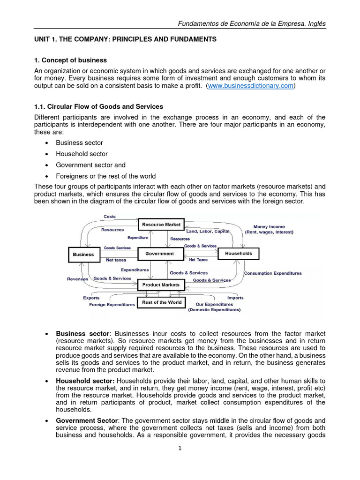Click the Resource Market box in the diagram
click(x=161, y=225)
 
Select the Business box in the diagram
click(x=83, y=255)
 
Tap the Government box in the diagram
click(x=159, y=254)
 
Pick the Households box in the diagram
click(x=239, y=253)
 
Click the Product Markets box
click(x=160, y=285)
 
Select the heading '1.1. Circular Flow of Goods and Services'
click(x=99, y=107)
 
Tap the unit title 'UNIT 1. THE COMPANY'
click(x=126, y=39)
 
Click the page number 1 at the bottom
click(x=180, y=448)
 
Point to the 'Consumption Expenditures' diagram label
click(x=273, y=273)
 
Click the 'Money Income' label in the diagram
click(x=269, y=227)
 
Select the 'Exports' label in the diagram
click(x=91, y=298)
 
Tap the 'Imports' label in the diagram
click(x=235, y=298)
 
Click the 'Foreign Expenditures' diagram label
click(x=112, y=305)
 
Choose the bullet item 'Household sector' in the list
click(x=82, y=154)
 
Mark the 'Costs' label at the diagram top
click(x=109, y=217)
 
